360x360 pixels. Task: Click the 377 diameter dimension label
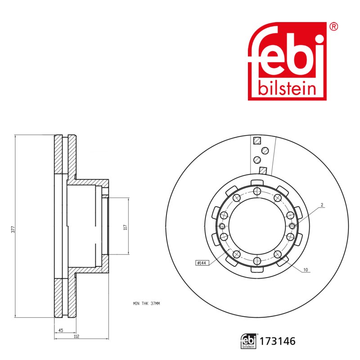13,229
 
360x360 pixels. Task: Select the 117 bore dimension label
126,227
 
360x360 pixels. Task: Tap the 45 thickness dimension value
61,330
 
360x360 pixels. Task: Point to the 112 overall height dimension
76,336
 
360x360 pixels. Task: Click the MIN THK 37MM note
146,303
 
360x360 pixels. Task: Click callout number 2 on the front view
322,205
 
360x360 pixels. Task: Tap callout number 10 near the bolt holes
306,270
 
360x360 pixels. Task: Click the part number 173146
277,341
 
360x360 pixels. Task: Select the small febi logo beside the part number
249,341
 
